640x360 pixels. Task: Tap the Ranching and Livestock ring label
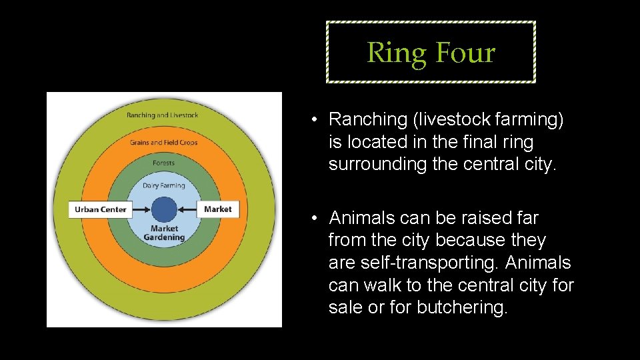[x=162, y=115]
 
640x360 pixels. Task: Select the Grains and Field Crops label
[x=163, y=142]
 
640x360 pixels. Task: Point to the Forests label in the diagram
[x=163, y=163]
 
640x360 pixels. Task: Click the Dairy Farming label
[x=163, y=185]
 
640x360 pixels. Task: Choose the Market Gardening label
[x=163, y=233]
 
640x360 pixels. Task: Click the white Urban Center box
[x=100, y=209]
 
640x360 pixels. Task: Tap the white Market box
[x=218, y=209]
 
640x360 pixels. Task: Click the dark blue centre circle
[x=164, y=209]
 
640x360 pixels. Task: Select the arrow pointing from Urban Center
[x=141, y=209]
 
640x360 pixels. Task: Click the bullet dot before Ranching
[x=313, y=120]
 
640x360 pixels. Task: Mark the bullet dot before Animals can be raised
[x=313, y=219]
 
